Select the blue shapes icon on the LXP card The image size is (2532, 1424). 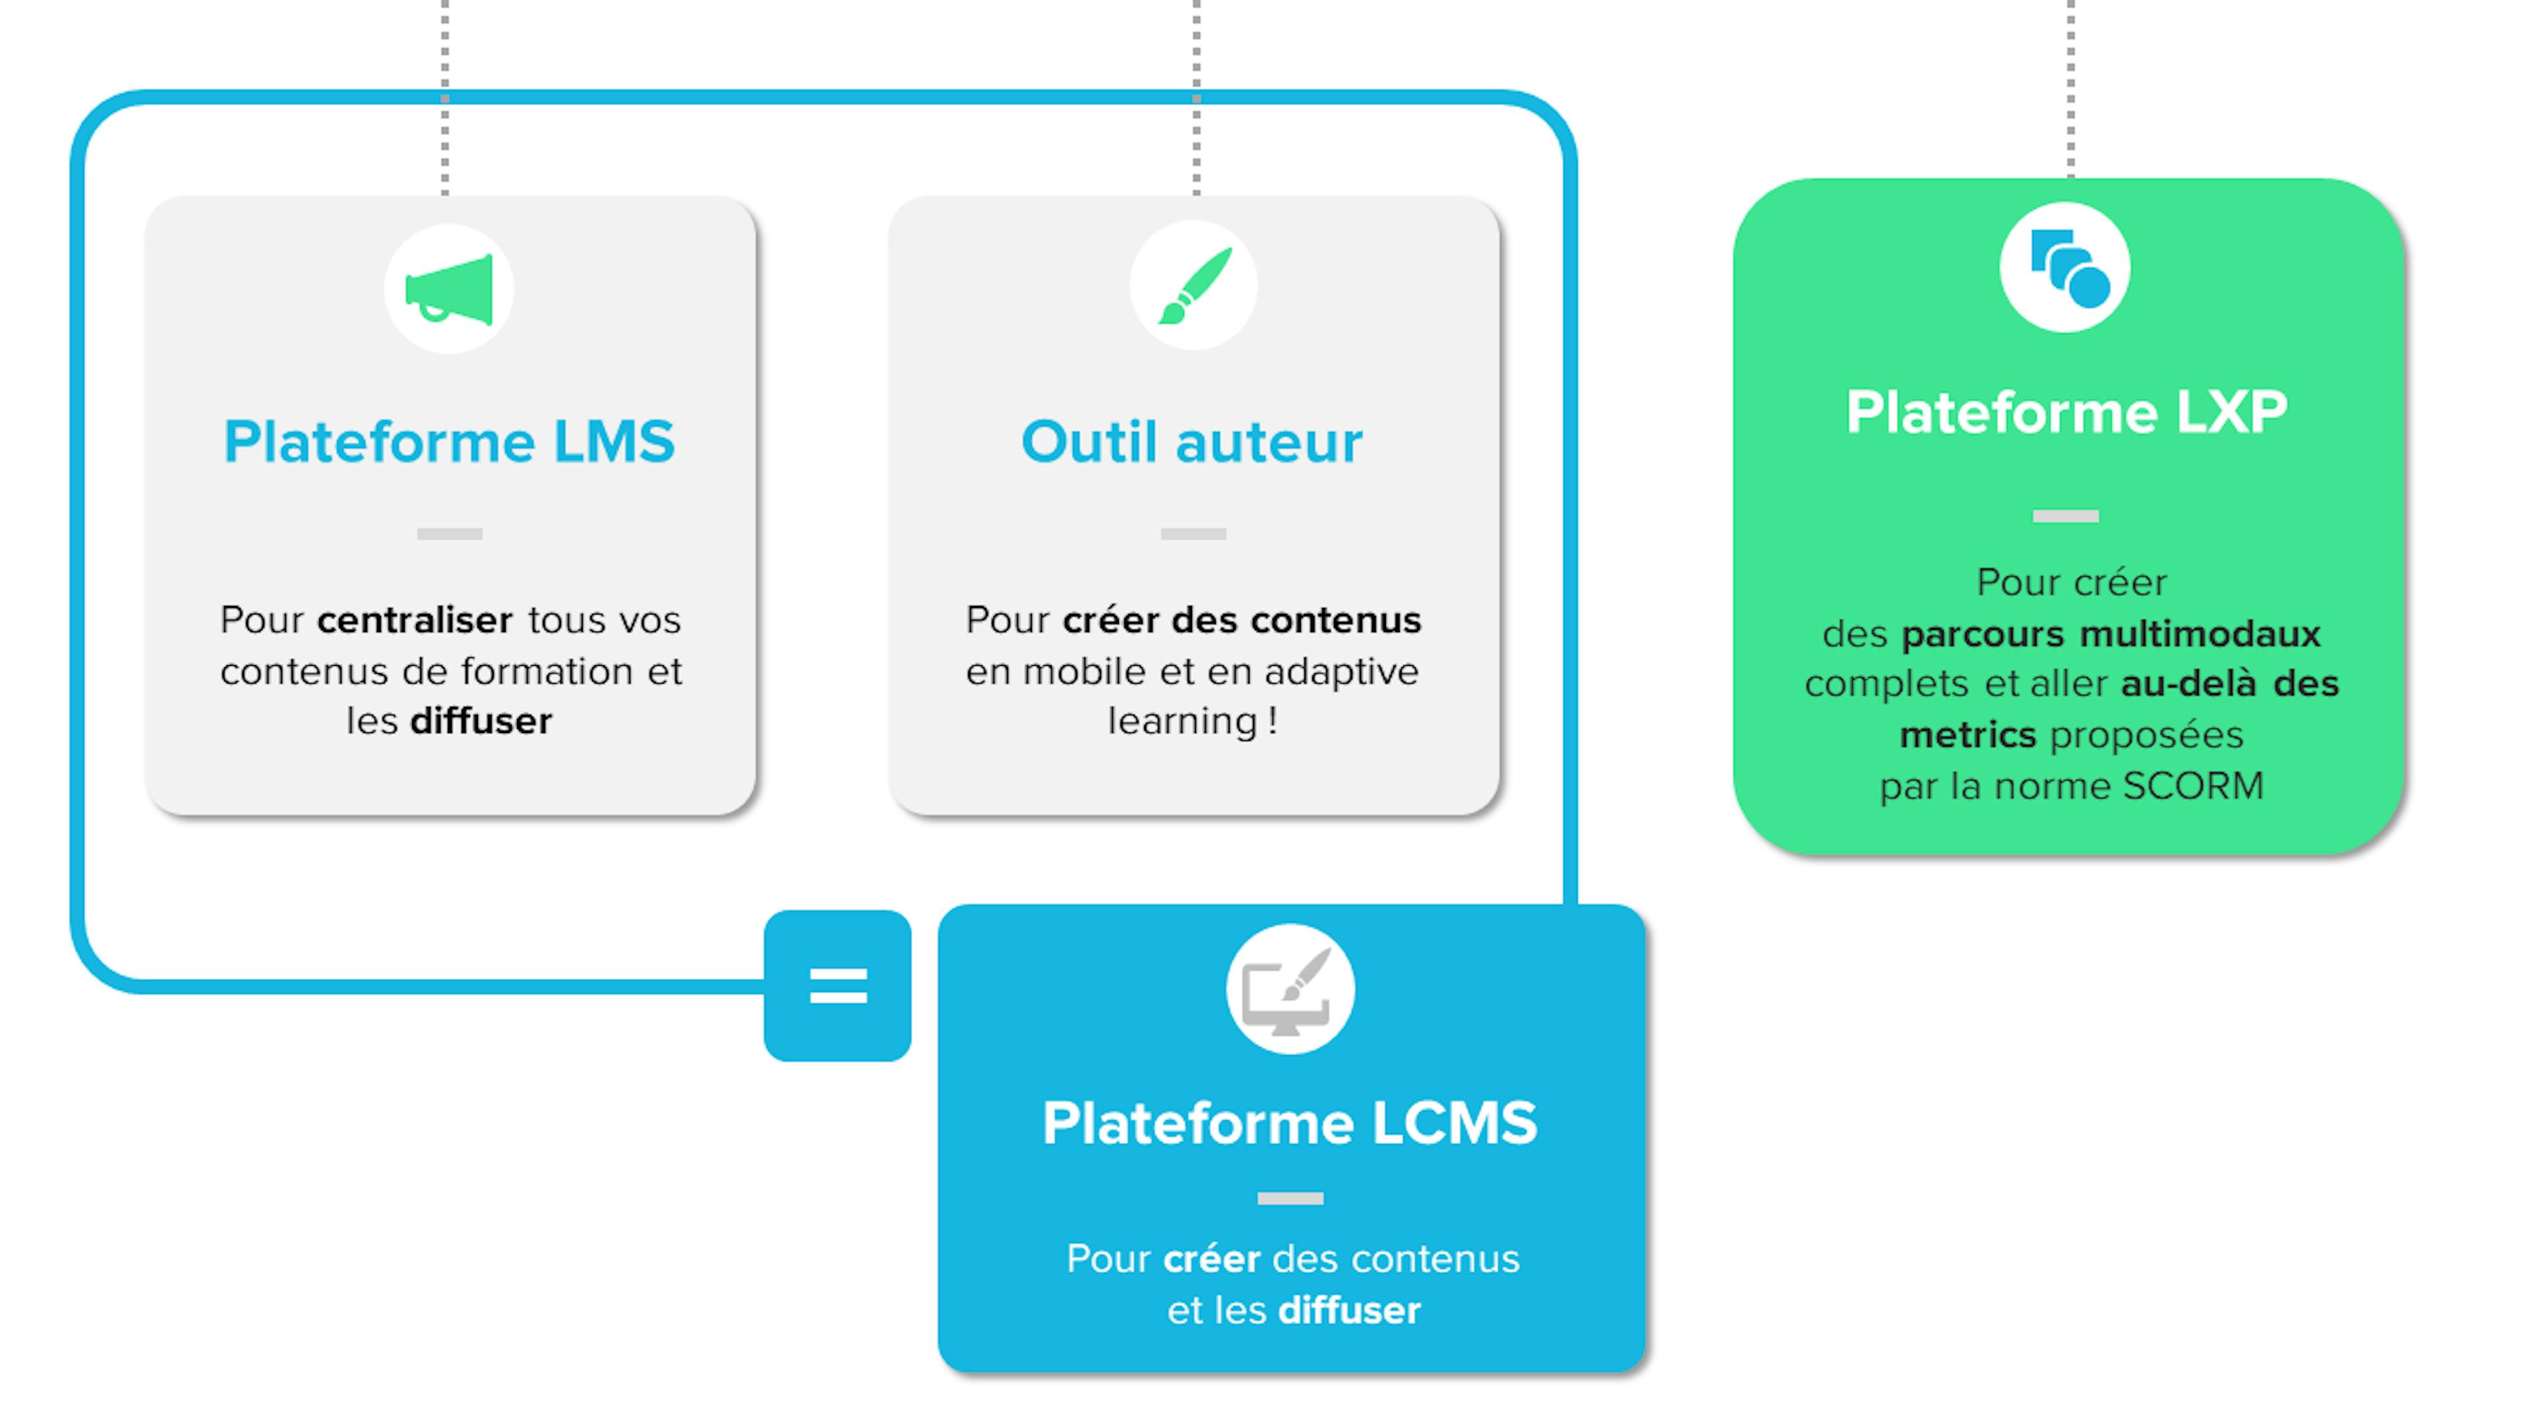[x=2065, y=267]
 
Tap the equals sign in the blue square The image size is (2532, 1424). [x=837, y=986]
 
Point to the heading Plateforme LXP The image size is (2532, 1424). [x=2066, y=412]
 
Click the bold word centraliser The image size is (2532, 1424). [x=414, y=620]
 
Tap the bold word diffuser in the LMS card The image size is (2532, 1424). [x=481, y=721]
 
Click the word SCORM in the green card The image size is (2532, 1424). [x=2193, y=786]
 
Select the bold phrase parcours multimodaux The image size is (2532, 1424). [x=2110, y=634]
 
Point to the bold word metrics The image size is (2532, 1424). [x=1967, y=735]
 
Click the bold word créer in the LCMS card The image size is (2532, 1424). [x=1211, y=1259]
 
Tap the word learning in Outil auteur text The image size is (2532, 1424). [x=1182, y=721]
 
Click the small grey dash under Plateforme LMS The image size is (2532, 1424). [x=449, y=533]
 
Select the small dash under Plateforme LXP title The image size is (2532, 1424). [x=2065, y=516]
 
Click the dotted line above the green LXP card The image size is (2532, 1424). [x=2070, y=88]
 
